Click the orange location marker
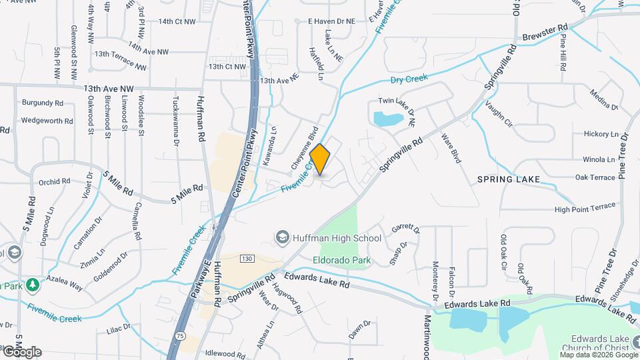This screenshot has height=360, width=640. coord(321,160)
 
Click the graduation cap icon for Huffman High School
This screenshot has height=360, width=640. coord(283,238)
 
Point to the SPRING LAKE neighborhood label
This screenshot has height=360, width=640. coord(509,179)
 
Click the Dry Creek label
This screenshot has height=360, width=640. coord(408,79)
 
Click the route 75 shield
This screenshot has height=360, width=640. coord(178,337)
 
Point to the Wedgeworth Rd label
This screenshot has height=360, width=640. coord(47,121)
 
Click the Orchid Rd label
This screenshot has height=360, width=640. coord(55,181)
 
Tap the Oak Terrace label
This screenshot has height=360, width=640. coord(595,177)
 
